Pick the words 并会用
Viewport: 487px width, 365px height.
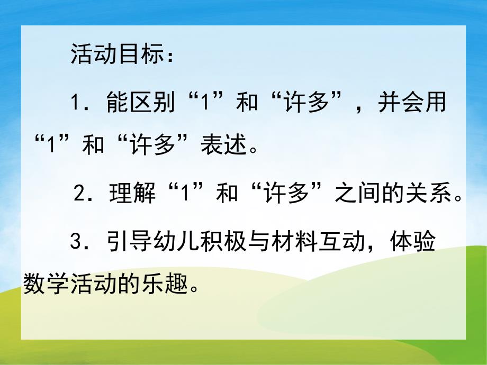412,102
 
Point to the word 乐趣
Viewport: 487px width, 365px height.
162,286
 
